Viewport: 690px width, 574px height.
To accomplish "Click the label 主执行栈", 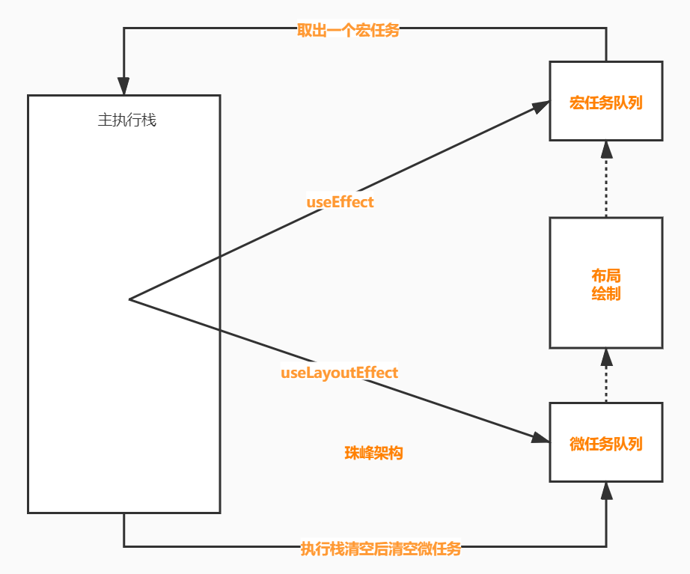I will [126, 120].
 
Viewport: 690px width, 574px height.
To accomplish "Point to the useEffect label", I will [340, 202].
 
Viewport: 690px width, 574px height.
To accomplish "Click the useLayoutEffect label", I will [339, 372].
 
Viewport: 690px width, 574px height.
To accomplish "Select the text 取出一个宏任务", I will [348, 31].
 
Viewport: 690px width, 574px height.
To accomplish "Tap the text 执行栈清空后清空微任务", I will [380, 549].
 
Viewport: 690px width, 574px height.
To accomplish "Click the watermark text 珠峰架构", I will [373, 453].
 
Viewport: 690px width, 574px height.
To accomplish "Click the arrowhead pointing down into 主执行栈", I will [123, 86].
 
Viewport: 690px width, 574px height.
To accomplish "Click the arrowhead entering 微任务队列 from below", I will [606, 491].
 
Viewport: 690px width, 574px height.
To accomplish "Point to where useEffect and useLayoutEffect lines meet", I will [130, 299].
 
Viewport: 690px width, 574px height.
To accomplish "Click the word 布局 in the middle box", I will [605, 275].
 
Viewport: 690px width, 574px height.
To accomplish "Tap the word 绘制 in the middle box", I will [605, 293].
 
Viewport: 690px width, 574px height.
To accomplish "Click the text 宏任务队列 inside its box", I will [605, 103].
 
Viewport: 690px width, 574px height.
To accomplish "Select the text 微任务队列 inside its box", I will [605, 443].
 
